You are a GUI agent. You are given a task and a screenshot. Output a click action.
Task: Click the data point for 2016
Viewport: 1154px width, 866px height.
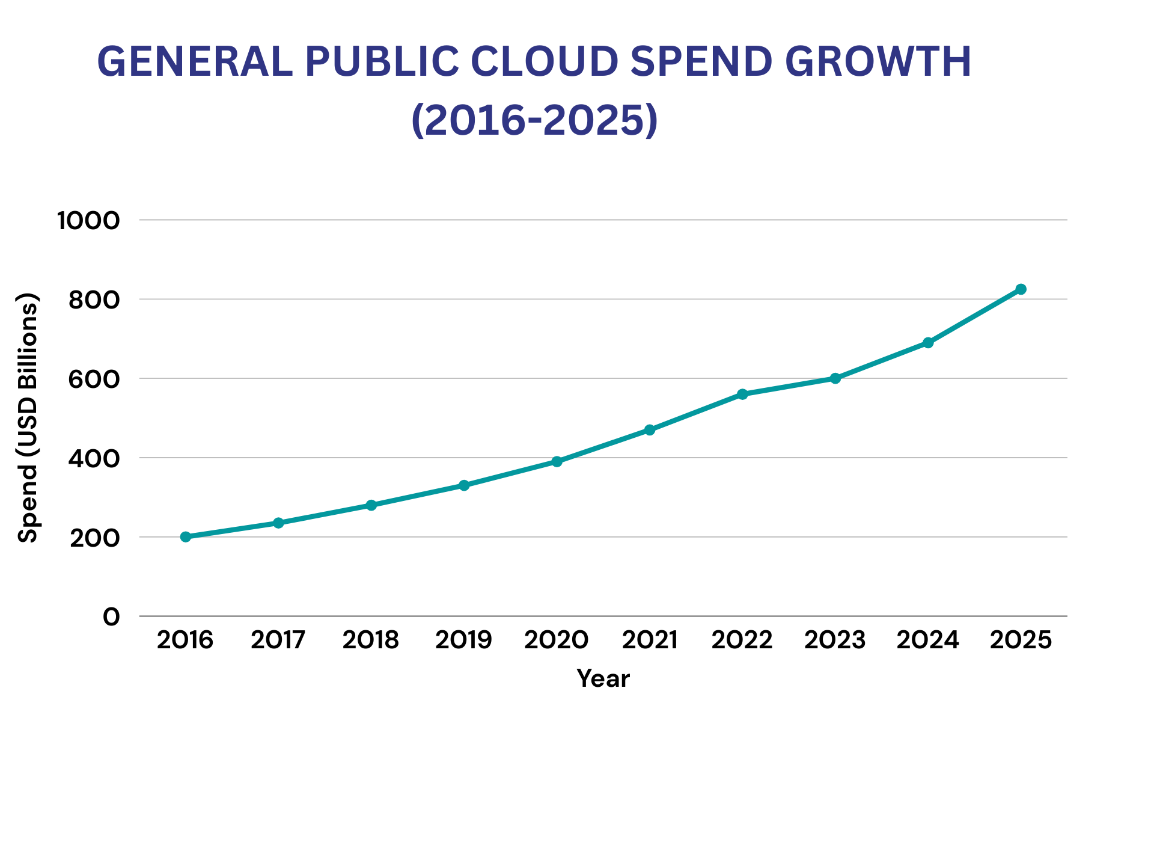(x=186, y=536)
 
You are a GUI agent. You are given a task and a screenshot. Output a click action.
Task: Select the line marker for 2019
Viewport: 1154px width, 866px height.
(x=464, y=485)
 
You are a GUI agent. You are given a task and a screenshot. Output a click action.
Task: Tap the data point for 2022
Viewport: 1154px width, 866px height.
(x=742, y=394)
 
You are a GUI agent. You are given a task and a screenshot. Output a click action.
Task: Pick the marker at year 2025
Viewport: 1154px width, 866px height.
(x=1021, y=289)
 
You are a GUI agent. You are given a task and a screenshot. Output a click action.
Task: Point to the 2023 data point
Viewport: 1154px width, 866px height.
(x=835, y=378)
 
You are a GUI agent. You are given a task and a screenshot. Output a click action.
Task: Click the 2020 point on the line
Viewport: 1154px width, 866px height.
(x=557, y=461)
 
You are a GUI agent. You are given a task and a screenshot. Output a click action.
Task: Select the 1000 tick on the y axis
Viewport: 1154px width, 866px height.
(x=88, y=221)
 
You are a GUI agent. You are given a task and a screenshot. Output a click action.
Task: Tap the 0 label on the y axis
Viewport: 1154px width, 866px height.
(x=111, y=616)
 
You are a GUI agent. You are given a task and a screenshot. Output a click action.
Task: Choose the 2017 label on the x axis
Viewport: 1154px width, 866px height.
(x=278, y=640)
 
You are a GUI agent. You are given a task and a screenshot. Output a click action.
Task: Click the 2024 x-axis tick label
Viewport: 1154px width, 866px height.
(x=927, y=640)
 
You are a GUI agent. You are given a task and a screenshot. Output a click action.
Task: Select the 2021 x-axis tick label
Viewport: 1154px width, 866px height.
(x=649, y=640)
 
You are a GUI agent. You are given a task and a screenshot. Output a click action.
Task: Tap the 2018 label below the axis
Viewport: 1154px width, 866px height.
(x=371, y=640)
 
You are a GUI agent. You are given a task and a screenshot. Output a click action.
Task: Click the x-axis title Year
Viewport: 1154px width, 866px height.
(x=603, y=679)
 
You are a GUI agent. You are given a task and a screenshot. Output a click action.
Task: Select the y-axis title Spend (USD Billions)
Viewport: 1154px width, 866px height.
(x=28, y=418)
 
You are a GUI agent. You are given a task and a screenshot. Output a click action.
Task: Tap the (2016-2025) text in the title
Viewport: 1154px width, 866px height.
(x=534, y=120)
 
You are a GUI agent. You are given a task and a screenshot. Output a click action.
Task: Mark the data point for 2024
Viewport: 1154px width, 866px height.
(x=928, y=343)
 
